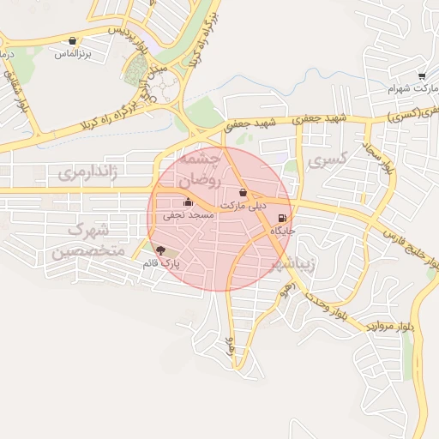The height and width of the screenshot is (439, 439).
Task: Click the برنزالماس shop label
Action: pos(73,53)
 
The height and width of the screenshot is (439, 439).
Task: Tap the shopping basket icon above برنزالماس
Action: pos(73,40)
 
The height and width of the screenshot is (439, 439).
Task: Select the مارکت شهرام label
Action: pos(406,88)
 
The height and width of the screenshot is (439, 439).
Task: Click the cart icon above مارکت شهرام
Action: pos(421,76)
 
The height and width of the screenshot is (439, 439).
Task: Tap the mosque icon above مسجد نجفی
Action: pos(189,202)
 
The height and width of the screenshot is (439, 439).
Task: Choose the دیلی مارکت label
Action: pos(244,206)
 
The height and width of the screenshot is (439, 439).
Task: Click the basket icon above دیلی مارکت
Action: pos(244,193)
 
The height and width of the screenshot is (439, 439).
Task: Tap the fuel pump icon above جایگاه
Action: pos(283,218)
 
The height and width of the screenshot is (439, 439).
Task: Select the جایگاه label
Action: pos(283,231)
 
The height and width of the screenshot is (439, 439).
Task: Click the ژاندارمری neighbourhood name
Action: pos(86,173)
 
